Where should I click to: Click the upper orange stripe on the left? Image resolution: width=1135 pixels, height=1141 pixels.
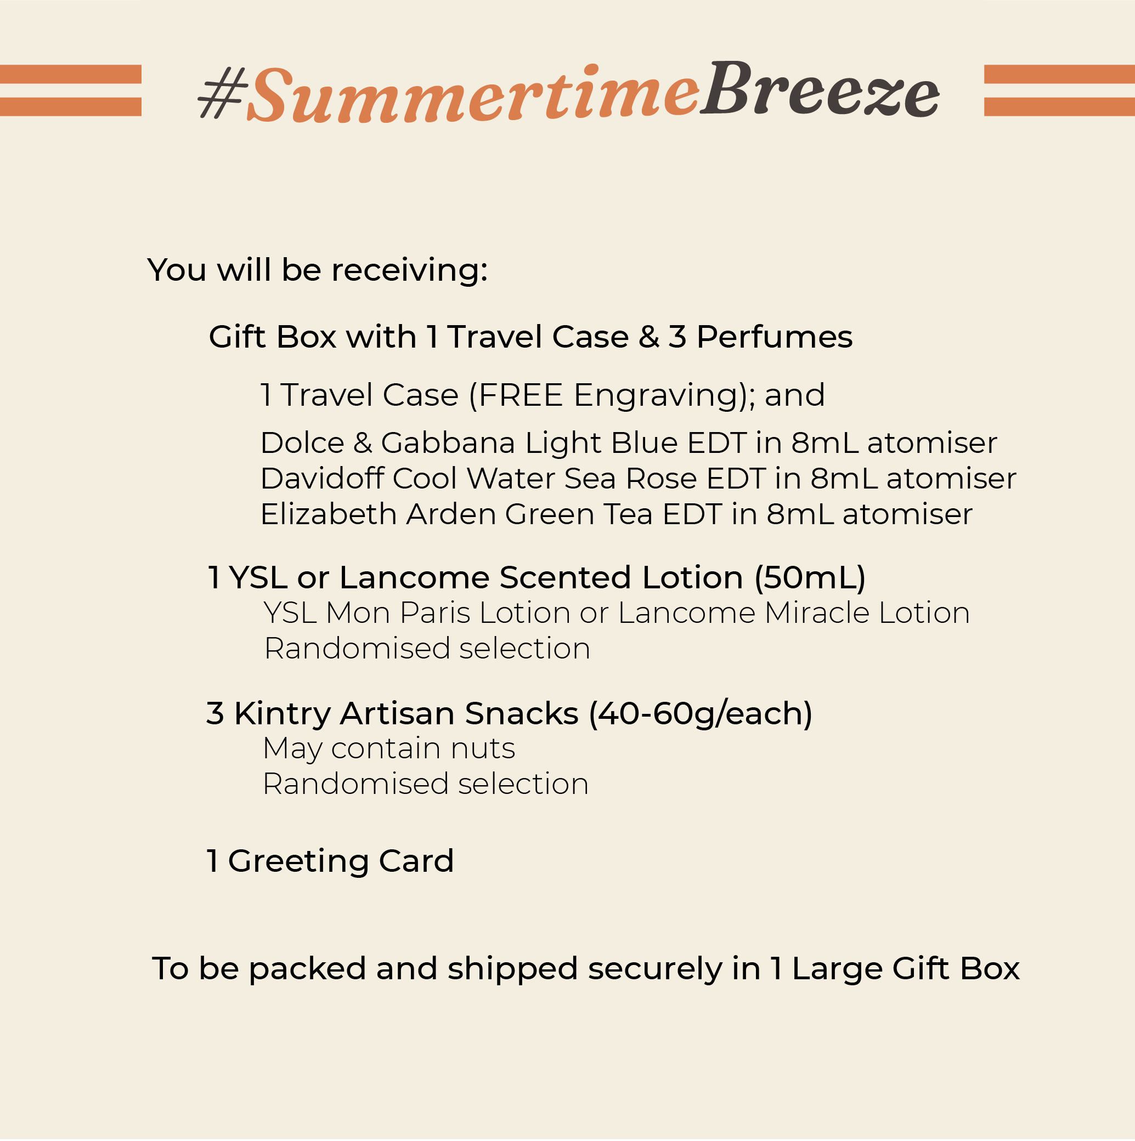(x=70, y=74)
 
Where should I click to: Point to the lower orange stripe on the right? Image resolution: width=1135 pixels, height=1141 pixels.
(x=1059, y=106)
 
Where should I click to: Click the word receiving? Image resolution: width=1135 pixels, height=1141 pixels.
(x=409, y=270)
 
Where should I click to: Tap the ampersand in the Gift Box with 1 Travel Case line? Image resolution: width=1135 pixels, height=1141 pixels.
(x=648, y=337)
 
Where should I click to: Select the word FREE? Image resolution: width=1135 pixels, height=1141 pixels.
(x=520, y=395)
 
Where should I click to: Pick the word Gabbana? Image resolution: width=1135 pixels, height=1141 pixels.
(x=448, y=443)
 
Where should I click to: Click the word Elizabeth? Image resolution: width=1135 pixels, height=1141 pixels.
(x=328, y=514)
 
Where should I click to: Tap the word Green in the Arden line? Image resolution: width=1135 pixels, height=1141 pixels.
(x=549, y=514)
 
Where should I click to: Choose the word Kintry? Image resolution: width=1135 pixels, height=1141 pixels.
(x=282, y=713)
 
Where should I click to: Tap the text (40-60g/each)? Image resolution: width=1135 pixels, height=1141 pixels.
(x=700, y=713)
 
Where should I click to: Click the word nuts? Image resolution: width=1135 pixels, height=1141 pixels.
(x=482, y=749)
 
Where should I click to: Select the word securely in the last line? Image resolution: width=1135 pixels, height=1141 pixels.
(x=654, y=970)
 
